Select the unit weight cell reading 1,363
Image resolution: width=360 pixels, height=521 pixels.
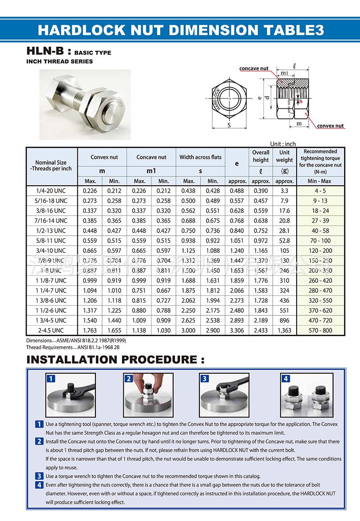click(x=284, y=330)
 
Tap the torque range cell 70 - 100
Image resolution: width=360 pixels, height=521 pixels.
click(x=320, y=241)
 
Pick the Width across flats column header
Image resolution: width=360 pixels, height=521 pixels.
click(x=200, y=157)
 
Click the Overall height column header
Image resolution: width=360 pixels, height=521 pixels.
click(x=261, y=156)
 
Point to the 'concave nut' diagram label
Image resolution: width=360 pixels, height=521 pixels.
click(x=254, y=68)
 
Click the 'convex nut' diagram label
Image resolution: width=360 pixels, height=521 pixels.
click(x=330, y=126)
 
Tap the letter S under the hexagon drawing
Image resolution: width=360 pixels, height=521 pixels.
click(x=229, y=125)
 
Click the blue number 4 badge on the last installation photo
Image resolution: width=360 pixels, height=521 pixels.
click(x=285, y=378)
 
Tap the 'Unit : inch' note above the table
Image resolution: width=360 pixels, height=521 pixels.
click(x=283, y=144)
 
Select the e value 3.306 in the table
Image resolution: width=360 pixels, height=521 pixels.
click(x=237, y=330)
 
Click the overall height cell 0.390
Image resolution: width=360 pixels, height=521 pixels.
click(x=261, y=191)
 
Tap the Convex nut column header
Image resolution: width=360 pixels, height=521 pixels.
click(x=104, y=157)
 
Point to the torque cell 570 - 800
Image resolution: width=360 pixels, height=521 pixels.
click(x=320, y=330)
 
